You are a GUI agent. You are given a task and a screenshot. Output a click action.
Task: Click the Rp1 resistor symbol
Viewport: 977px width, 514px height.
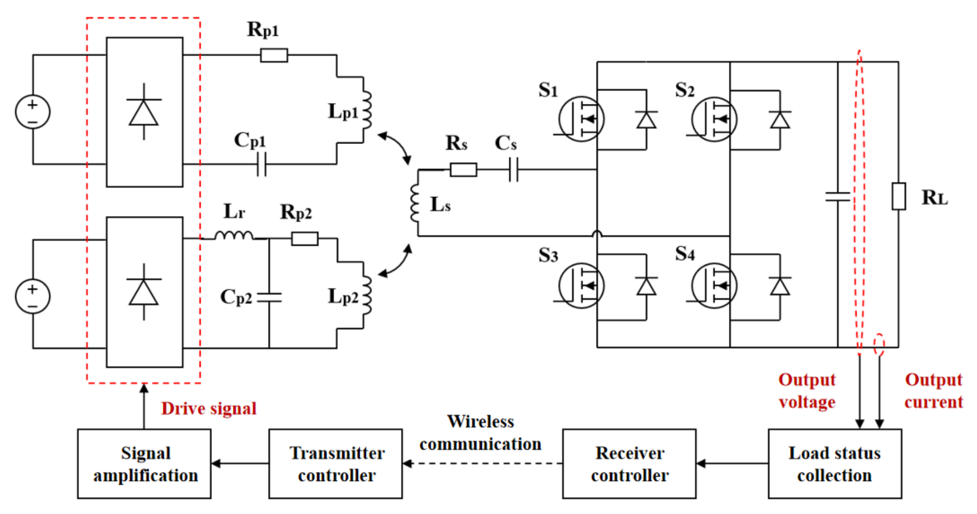(274, 55)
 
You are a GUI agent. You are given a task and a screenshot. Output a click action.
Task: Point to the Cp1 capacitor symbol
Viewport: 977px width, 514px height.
(262, 164)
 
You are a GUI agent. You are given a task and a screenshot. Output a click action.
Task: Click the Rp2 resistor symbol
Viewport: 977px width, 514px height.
(305, 239)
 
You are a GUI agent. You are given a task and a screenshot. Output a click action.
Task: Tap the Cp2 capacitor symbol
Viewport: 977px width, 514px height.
(269, 297)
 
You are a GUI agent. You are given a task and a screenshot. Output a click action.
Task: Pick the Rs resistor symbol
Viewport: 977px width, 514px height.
(463, 170)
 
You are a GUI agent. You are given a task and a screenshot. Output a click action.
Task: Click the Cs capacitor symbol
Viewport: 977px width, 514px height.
(513, 170)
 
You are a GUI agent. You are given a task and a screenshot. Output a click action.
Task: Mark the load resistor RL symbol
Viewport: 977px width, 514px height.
(899, 196)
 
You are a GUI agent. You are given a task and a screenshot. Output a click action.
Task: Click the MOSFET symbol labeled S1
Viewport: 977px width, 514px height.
(581, 119)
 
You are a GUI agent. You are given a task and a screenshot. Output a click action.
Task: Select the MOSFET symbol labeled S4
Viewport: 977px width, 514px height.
(714, 285)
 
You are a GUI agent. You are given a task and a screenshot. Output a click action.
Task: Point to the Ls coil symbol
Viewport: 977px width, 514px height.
(415, 203)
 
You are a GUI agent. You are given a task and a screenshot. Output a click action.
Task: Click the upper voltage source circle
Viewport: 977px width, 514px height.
(33, 112)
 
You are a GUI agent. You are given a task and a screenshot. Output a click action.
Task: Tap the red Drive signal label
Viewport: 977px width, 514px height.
(209, 409)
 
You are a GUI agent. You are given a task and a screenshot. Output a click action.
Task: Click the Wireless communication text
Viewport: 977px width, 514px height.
(480, 433)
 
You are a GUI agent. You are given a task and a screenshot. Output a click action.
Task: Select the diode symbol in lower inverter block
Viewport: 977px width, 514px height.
(144, 292)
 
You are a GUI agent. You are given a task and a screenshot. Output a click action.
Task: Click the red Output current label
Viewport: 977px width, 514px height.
(933, 391)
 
